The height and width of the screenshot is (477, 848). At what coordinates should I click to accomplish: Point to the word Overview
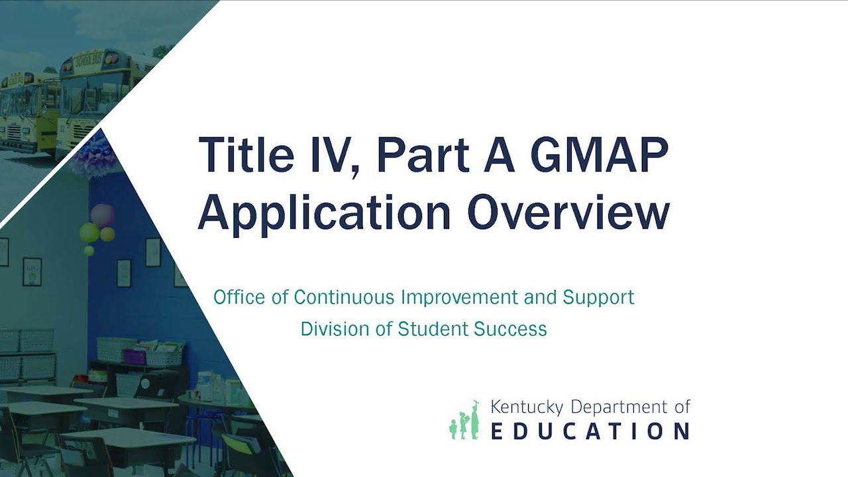point(568,212)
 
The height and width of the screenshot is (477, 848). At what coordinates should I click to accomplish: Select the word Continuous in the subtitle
point(344,297)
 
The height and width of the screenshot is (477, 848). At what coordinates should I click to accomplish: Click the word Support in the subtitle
point(598,297)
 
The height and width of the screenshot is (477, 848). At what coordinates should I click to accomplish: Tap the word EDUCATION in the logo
point(590,431)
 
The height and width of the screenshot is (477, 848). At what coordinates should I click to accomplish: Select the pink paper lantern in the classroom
point(102,215)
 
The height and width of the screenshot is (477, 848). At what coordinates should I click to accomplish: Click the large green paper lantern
point(89,232)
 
